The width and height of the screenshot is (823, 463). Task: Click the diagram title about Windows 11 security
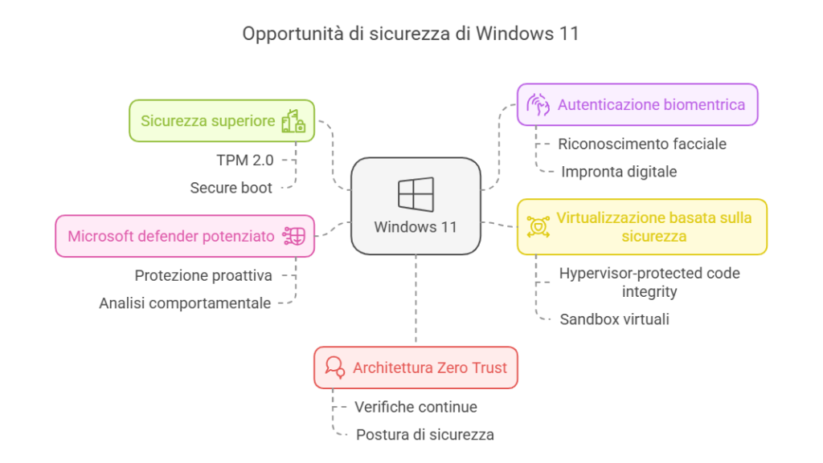pos(411,34)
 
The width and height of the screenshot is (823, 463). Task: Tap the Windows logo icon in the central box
pos(416,195)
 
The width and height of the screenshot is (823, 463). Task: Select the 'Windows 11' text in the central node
pos(416,227)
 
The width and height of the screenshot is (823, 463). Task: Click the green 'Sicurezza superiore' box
pos(221,121)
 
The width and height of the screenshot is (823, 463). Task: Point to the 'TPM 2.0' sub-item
pos(244,160)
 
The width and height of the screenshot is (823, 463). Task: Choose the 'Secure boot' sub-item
pos(231,188)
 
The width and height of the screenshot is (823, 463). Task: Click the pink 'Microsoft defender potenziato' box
pos(184,236)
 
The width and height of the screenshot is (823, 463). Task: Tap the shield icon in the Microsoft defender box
pos(294,236)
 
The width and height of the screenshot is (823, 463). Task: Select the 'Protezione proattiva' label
pos(203,275)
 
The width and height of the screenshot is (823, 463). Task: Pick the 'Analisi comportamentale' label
pos(185,303)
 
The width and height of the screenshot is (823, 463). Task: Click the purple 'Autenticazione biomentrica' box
pos(637,104)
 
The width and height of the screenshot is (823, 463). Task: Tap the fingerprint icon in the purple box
pos(537,104)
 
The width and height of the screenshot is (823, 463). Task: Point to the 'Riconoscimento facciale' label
pos(643,144)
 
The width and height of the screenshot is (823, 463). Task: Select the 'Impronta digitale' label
pos(619,172)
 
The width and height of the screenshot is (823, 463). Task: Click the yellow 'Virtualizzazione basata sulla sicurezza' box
pos(641,226)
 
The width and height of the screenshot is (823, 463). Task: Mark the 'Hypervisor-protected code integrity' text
pos(649,282)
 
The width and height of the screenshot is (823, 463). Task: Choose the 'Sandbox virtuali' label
pos(615,319)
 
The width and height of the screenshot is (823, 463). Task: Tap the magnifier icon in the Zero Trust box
pos(334,368)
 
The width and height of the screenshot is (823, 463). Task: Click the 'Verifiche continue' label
pos(416,407)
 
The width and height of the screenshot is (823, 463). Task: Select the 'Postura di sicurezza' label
pos(424,435)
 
